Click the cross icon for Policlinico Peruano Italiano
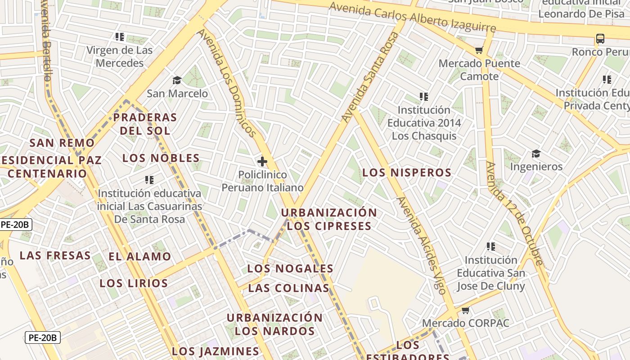262,161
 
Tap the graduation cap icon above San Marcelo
177,81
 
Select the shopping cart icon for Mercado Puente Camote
479,50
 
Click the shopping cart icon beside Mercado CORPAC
466,310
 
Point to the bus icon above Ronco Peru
600,39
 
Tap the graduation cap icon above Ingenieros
536,154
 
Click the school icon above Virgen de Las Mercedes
119,37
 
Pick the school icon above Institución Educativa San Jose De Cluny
491,247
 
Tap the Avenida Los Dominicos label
226,83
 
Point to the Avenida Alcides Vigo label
422,245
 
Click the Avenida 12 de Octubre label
514,213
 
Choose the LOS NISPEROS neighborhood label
407,173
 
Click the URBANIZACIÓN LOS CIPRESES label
329,219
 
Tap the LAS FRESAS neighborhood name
55,256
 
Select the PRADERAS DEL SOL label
144,124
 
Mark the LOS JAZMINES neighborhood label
216,351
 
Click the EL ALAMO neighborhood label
140,257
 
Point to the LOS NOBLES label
161,158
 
